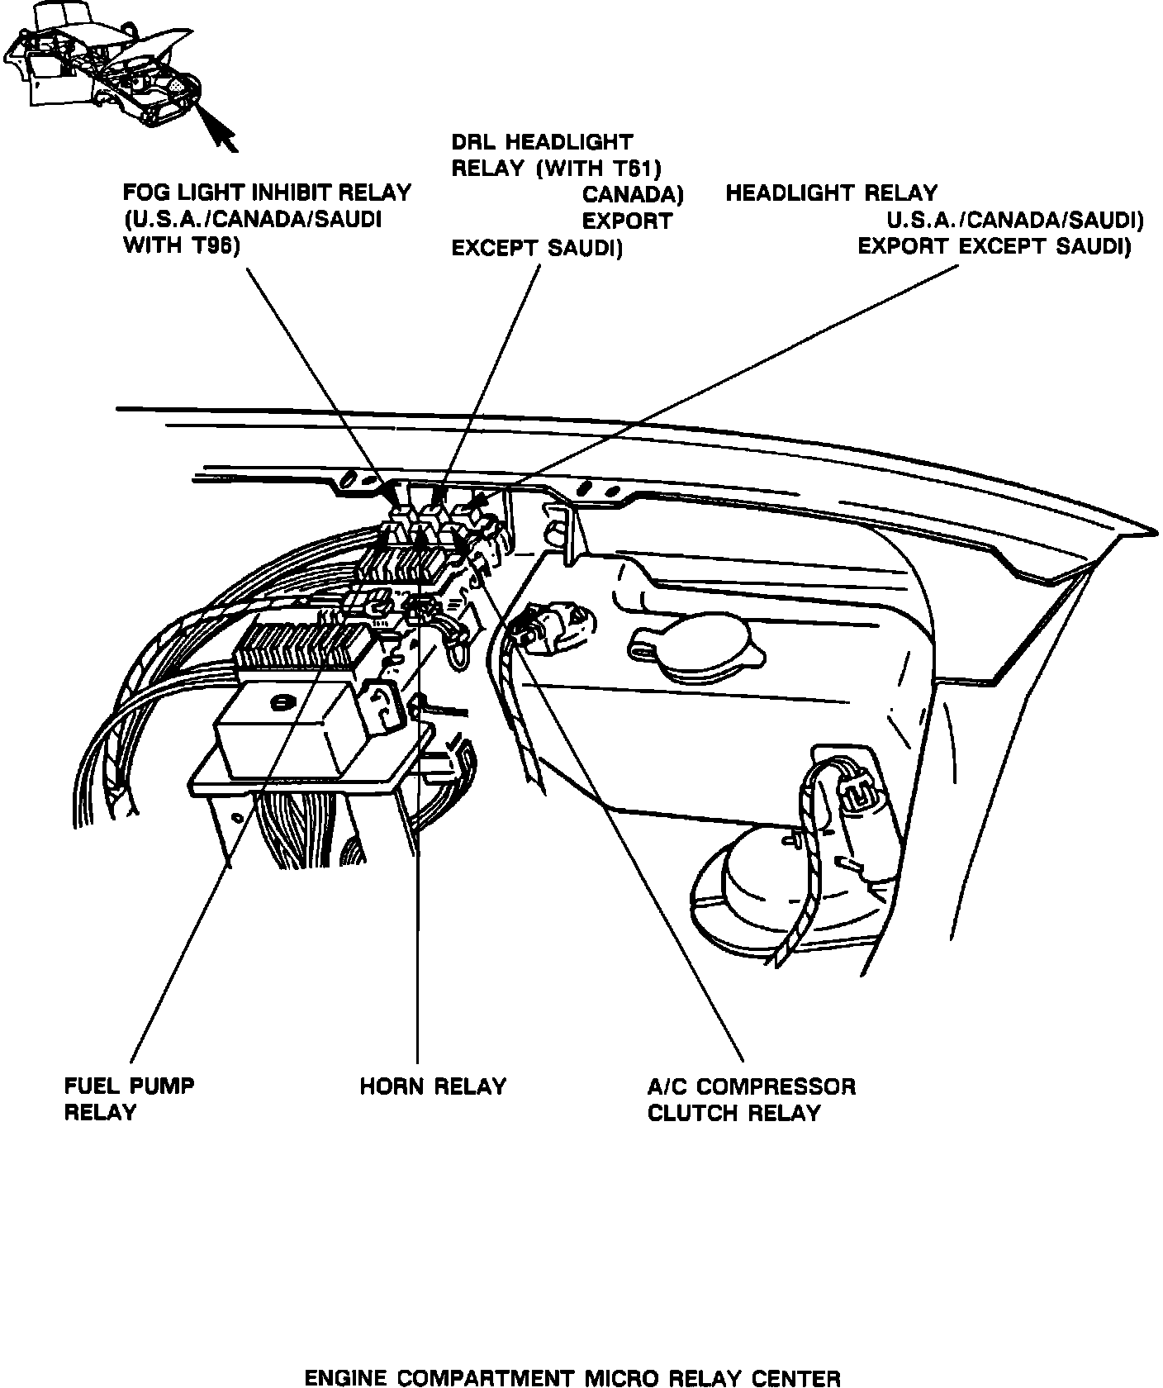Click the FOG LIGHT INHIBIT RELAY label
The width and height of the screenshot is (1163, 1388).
pos(266,193)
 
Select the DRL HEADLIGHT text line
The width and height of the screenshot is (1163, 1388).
pos(541,143)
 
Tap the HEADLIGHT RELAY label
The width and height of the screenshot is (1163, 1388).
pos(831,194)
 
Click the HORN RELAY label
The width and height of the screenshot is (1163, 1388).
pos(432,1086)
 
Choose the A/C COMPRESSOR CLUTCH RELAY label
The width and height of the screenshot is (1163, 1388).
pos(751,1099)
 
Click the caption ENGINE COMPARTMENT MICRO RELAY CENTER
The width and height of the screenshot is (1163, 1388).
pos(572,1378)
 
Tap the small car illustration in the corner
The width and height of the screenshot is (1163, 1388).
pos(103,66)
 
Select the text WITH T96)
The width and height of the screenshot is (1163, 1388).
pos(180,246)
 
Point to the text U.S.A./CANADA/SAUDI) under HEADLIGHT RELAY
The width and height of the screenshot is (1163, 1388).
pos(1014,221)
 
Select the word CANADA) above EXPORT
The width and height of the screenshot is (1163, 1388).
pos(633,195)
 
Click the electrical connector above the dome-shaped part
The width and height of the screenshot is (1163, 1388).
pos(859,794)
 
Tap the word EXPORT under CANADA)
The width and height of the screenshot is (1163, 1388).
pos(627,221)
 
